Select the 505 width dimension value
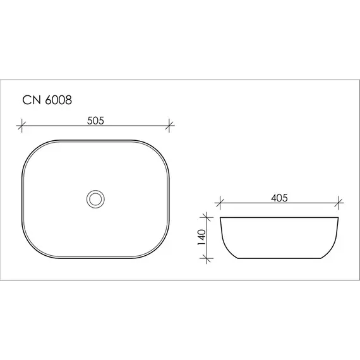pos(95,118)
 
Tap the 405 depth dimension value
pos(279,198)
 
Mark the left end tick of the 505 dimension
pos(23,125)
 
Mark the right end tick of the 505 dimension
pos(169,125)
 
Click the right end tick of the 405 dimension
pos(339,203)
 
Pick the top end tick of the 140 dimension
pos(206,218)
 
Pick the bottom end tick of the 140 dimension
pos(206,258)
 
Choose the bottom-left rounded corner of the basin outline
pos(33,248)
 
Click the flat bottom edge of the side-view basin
pos(279,259)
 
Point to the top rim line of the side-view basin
pos(279,218)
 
